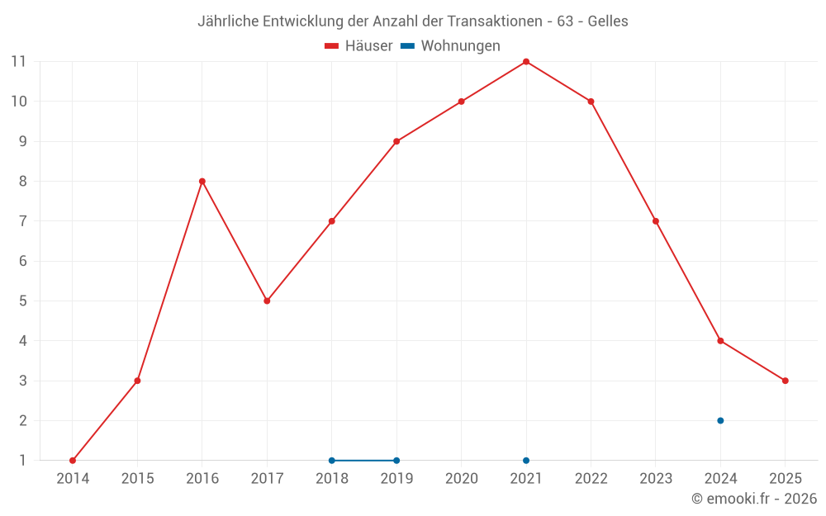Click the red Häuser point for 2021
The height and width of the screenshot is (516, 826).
click(x=526, y=62)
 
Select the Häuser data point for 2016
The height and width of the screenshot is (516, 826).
click(x=202, y=182)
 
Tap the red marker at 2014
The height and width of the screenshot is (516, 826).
click(x=73, y=461)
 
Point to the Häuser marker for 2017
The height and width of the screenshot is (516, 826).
click(x=267, y=301)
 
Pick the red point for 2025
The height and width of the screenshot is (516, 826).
click(x=785, y=381)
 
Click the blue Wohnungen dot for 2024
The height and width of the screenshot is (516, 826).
click(x=720, y=420)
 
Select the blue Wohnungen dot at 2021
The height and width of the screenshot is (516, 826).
click(x=526, y=461)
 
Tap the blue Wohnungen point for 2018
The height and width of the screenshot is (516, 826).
click(x=332, y=461)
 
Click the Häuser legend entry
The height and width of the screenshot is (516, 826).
click(x=358, y=46)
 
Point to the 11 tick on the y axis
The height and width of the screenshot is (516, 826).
click(x=18, y=62)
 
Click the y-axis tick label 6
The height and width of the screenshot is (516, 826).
click(x=22, y=261)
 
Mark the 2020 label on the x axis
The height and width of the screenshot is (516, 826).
click(x=461, y=479)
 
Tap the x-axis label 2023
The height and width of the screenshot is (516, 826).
click(x=656, y=479)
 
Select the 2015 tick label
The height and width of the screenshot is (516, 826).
click(x=137, y=479)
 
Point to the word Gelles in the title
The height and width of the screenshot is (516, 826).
click(x=608, y=21)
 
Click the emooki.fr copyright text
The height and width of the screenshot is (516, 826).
click(x=754, y=499)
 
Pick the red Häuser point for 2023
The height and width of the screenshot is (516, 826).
click(x=656, y=221)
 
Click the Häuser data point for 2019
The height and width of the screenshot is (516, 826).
click(x=396, y=141)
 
